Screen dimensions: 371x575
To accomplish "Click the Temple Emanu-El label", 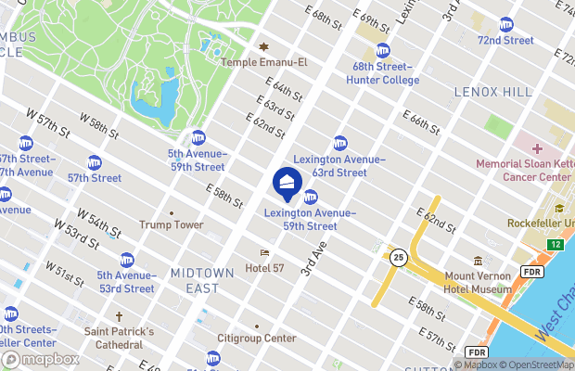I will point(262,62).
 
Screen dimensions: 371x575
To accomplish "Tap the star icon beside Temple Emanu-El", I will point(262,46).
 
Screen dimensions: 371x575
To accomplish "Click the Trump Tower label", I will point(172,224).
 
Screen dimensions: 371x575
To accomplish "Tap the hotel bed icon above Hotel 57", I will point(264,252).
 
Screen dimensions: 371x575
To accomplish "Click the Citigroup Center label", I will point(256,339).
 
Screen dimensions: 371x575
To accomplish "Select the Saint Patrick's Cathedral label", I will point(119,339).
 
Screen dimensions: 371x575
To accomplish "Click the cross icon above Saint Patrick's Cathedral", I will point(119,317).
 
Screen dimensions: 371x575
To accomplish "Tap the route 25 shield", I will point(399,257).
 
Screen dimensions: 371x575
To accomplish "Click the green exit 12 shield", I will point(555,244).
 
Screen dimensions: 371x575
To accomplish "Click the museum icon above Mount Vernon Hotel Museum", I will point(478,261).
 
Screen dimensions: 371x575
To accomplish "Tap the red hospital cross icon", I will point(536,148).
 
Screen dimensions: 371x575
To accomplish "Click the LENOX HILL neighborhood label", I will point(492,92).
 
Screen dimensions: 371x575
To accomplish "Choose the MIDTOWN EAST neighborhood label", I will point(195,280).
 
